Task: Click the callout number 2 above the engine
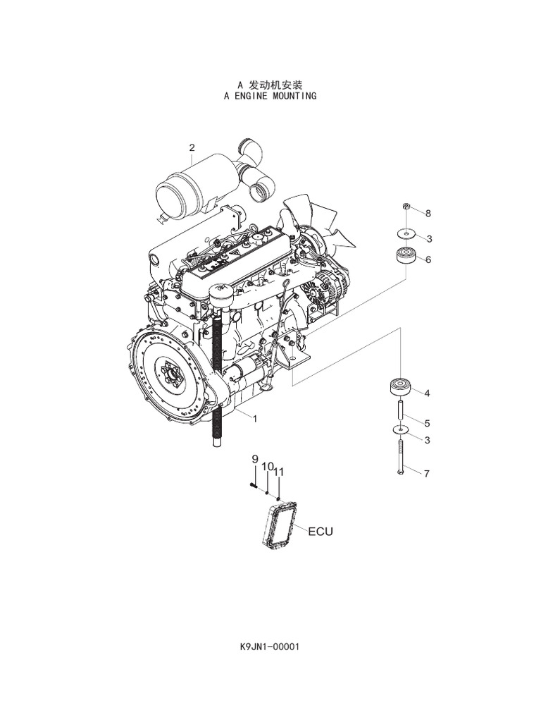pyautogui.click(x=192, y=147)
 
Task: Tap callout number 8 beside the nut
pyautogui.click(x=427, y=213)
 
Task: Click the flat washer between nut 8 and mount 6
pyautogui.click(x=406, y=233)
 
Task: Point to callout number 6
pyautogui.click(x=428, y=259)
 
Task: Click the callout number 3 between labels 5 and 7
pyautogui.click(x=427, y=440)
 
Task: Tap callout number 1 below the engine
pyautogui.click(x=254, y=417)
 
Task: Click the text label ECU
pyautogui.click(x=319, y=531)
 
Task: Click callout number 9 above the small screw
pyautogui.click(x=255, y=459)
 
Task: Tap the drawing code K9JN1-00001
pyautogui.click(x=270, y=646)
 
